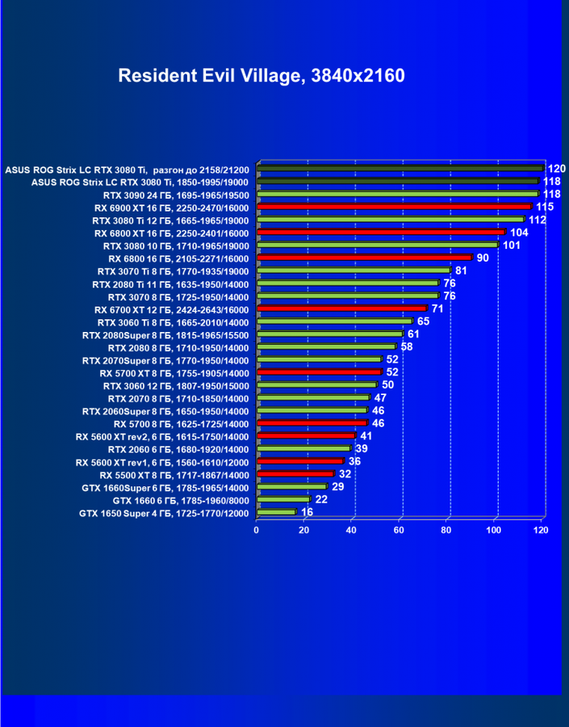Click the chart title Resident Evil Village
pyautogui.click(x=261, y=76)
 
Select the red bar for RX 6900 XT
pyautogui.click(x=394, y=207)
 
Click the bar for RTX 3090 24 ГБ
pyautogui.click(x=397, y=194)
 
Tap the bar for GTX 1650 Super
pyautogui.click(x=277, y=512)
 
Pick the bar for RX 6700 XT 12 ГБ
pyautogui.click(x=341, y=309)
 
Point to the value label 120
pyautogui.click(x=556, y=169)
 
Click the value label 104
pyautogui.click(x=519, y=232)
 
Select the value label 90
pyautogui.click(x=483, y=258)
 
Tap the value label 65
pyautogui.click(x=423, y=321)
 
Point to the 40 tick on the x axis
pyautogui.click(x=351, y=531)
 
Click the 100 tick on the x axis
pyautogui.click(x=493, y=531)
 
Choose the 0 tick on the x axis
pyautogui.click(x=257, y=531)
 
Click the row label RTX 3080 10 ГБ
pyautogui.click(x=177, y=246)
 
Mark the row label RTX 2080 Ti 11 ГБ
pyautogui.click(x=171, y=284)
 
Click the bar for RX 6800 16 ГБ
pyautogui.click(x=364, y=258)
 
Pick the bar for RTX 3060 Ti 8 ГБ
pyautogui.click(x=335, y=321)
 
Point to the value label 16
pyautogui.click(x=307, y=512)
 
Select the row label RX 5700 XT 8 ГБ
pyautogui.click(x=174, y=373)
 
